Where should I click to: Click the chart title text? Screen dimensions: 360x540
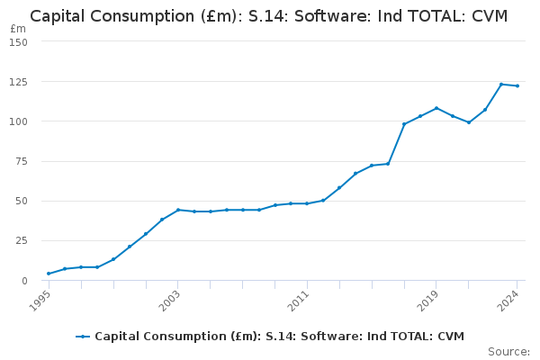pos(269,16)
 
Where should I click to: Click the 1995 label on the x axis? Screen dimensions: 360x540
pos(40,301)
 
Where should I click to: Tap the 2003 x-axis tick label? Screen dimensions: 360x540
pos(169,301)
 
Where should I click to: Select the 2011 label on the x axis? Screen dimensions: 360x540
pos(299,301)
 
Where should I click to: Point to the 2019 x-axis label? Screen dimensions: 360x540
pos(428,301)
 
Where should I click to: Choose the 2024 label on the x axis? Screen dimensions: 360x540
pos(509,301)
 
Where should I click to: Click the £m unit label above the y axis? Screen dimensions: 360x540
pos(19,29)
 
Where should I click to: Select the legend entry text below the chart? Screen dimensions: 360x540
pos(279,337)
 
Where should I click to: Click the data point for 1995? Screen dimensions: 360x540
pos(49,274)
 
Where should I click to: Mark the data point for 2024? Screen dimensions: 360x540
pos(517,85)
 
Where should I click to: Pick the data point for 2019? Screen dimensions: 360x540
pos(436,108)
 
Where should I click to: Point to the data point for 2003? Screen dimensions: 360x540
pos(178,210)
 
